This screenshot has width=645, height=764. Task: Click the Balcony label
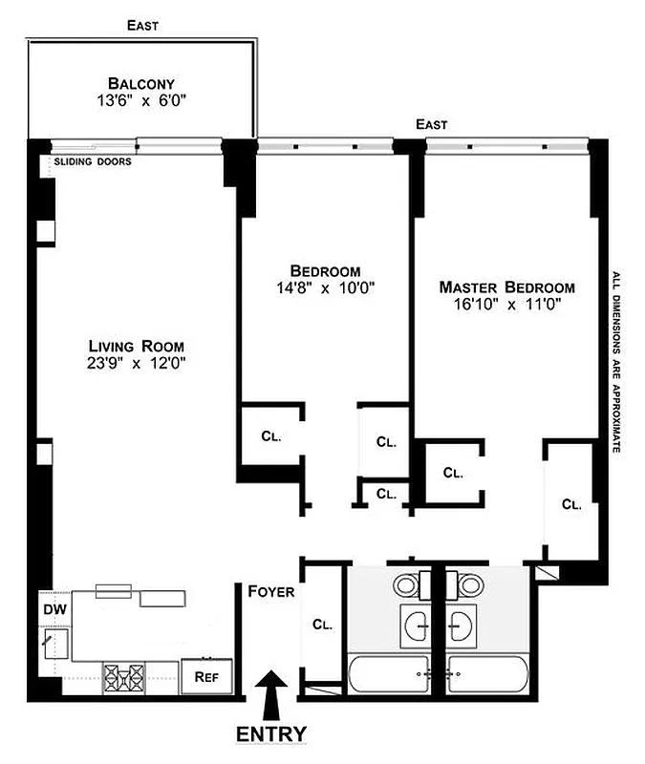point(140,83)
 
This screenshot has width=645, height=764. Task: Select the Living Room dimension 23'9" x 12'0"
point(136,363)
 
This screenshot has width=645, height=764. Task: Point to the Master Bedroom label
point(506,286)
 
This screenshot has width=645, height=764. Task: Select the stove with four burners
point(125,675)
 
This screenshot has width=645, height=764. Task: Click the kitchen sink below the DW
point(53,643)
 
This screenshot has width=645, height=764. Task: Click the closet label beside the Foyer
point(321,625)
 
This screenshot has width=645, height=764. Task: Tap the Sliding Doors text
point(93,162)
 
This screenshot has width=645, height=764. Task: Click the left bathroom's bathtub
point(393,676)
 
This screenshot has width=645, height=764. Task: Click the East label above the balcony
point(142,26)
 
